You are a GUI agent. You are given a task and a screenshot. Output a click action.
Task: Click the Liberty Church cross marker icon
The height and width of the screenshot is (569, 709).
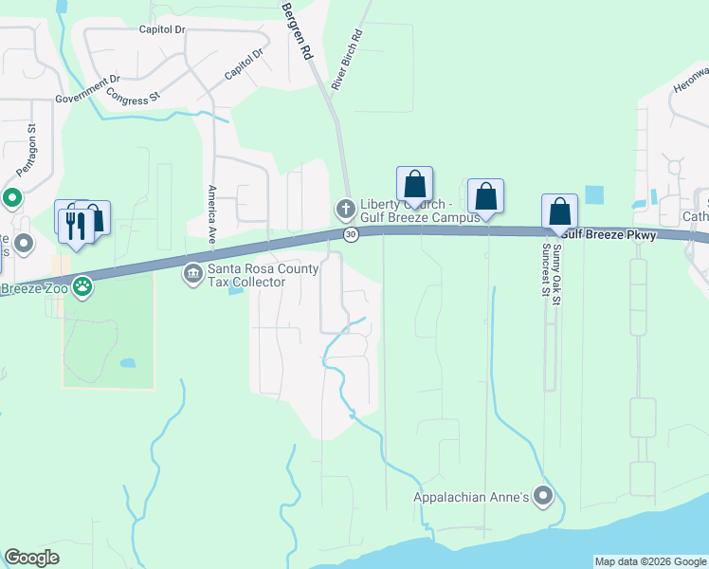click(x=344, y=207)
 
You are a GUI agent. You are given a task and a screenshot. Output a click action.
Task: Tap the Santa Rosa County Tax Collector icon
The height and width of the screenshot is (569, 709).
click(x=192, y=275)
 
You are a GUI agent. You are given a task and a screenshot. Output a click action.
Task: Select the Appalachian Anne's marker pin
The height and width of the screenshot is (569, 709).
click(x=543, y=496)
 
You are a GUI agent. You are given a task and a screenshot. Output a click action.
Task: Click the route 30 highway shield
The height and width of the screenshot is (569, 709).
click(x=351, y=233)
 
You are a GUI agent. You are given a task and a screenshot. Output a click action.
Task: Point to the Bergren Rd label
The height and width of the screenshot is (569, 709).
click(x=296, y=31)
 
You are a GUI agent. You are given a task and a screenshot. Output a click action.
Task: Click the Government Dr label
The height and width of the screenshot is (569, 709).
click(x=88, y=89)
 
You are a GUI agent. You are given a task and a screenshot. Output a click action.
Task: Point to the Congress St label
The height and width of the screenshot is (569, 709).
click(x=134, y=96)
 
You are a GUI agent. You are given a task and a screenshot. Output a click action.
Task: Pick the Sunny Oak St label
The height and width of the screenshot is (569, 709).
click(x=557, y=268)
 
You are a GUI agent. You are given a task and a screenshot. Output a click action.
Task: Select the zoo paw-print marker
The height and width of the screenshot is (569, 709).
click(x=83, y=285)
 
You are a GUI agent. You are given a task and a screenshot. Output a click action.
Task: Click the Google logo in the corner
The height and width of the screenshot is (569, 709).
click(x=31, y=558)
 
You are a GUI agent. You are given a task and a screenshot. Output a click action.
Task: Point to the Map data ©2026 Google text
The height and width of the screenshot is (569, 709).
click(x=650, y=561)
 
